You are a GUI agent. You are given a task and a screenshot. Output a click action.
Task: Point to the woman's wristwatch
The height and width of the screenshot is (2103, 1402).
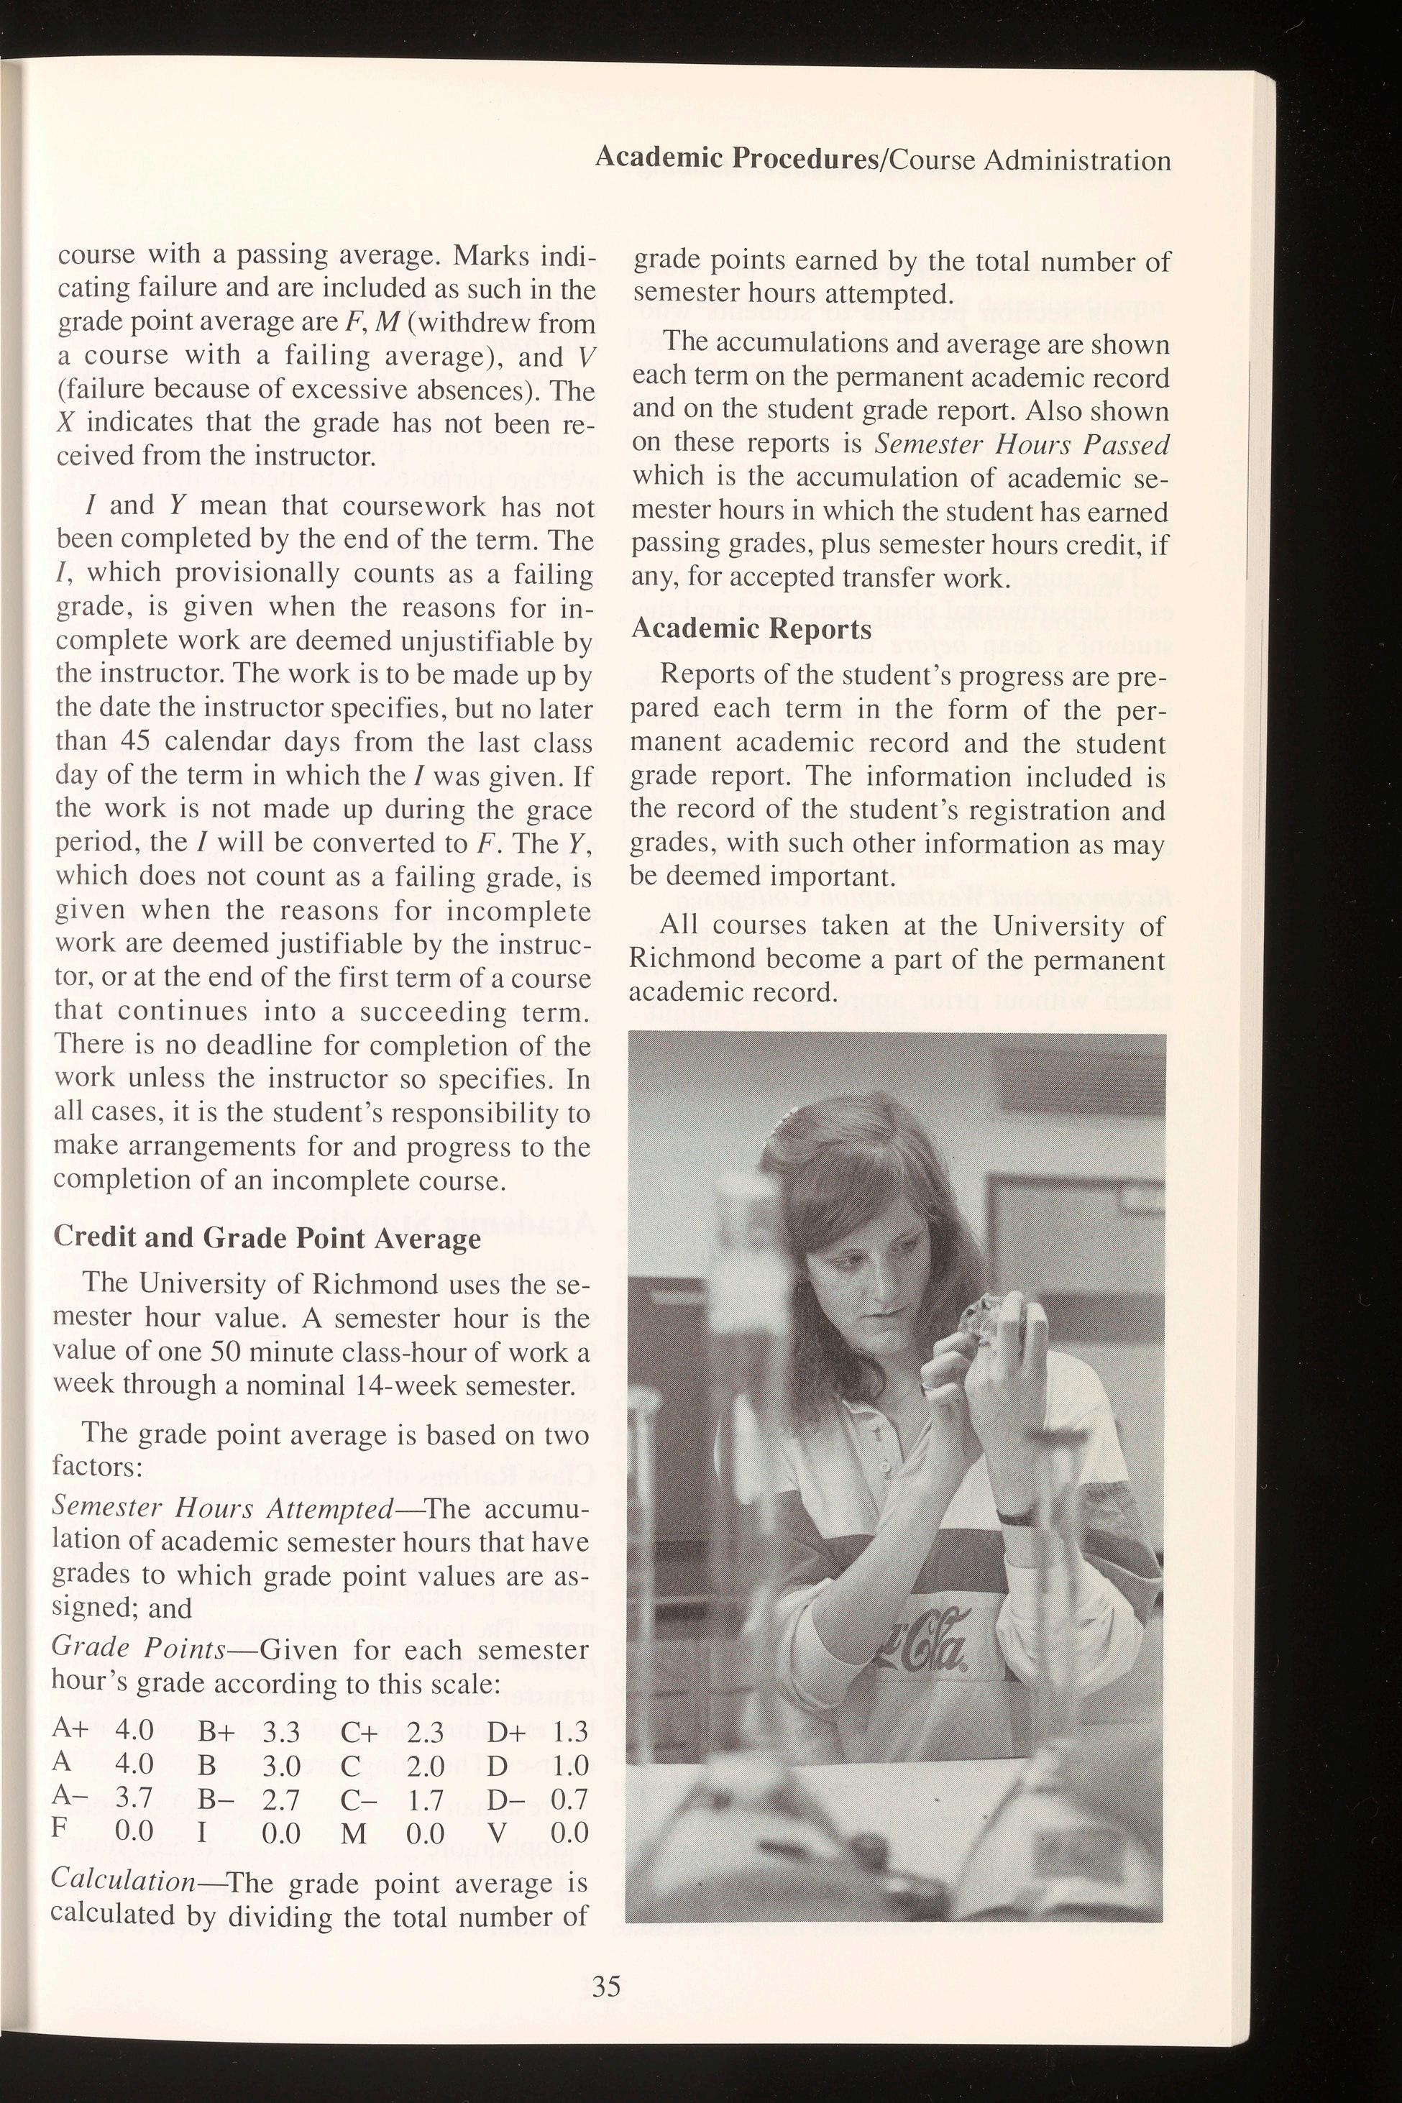pyautogui.click(x=1015, y=1516)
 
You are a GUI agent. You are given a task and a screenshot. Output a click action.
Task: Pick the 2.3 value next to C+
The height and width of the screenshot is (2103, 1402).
pyautogui.click(x=426, y=1733)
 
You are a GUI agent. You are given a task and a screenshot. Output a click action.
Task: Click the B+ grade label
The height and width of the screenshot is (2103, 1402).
pyautogui.click(x=216, y=1733)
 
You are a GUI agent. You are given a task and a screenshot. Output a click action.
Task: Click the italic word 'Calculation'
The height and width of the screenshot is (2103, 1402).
pyautogui.click(x=122, y=1879)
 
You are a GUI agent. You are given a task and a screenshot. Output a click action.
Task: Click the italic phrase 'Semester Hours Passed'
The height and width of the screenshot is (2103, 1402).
pyautogui.click(x=1022, y=444)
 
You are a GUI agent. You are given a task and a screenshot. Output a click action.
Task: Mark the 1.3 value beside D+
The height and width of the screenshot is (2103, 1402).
pyautogui.click(x=569, y=1733)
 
